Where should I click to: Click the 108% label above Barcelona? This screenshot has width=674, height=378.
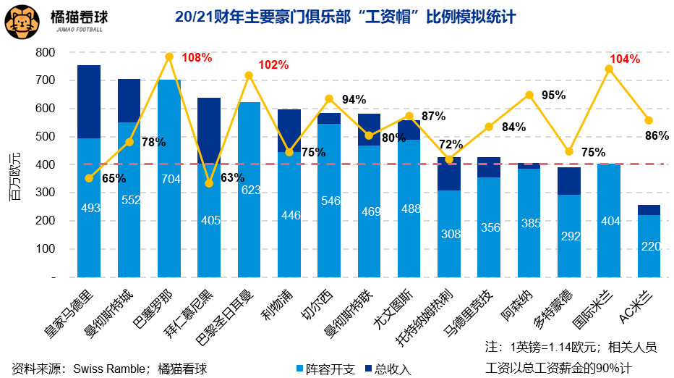[197, 58]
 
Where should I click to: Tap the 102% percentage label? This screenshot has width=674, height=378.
[273, 65]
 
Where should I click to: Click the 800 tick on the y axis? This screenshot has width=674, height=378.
[46, 52]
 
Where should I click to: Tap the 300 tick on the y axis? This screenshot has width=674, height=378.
[46, 193]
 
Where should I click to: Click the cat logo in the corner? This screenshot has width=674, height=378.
[22, 20]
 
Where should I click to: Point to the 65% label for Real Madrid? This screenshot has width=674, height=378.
[114, 178]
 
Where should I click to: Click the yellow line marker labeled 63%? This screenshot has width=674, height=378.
[209, 183]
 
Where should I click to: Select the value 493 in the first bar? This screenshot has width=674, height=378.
[90, 209]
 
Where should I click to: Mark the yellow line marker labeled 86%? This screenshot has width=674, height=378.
[649, 120]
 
